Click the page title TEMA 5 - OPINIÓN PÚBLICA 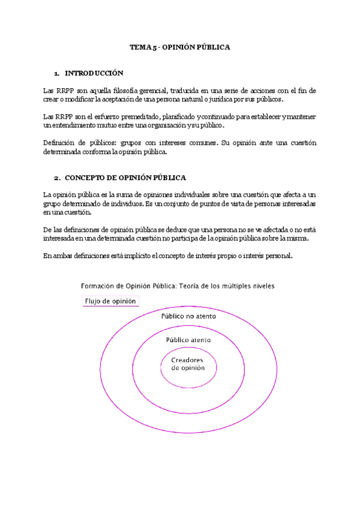[x=180, y=47]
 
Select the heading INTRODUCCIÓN [x=94, y=73]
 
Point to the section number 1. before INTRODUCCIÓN [x=56, y=73]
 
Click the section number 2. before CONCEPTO [x=56, y=178]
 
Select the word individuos [x=124, y=203]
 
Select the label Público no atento [x=188, y=316]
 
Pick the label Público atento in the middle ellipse [x=188, y=339]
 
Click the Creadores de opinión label [x=188, y=364]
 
